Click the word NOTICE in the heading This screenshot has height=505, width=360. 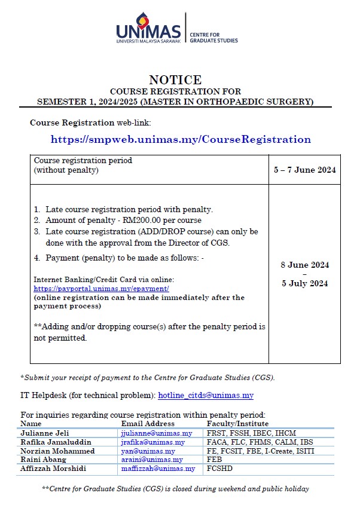pos(175,80)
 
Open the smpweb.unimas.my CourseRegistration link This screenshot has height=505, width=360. pos(181,139)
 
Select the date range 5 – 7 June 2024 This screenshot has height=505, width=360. pos(304,170)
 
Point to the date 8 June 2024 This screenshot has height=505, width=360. pos(304,265)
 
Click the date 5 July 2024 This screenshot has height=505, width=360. pos(304,284)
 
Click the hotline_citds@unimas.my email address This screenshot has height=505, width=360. pos(205,396)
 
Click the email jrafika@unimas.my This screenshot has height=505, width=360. pos(153,442)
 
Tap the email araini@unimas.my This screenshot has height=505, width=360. pos(152,460)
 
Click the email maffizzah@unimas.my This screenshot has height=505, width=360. pos(158,469)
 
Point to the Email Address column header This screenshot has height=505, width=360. pos(148,424)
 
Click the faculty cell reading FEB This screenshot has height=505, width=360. pos(214,460)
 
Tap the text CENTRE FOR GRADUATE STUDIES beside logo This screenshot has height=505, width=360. pos(213,38)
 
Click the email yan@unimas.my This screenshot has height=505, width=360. pos(148,451)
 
